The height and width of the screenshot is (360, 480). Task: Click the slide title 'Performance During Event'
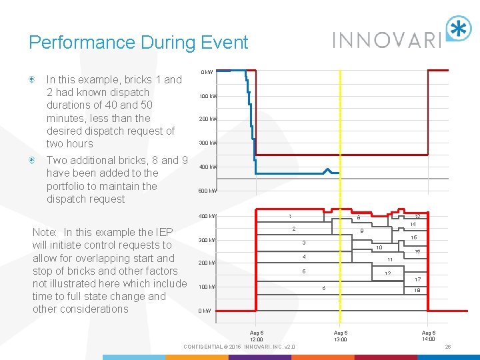[138, 43]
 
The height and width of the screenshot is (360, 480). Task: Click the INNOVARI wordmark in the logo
[387, 39]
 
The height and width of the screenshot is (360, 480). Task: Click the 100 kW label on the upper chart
[208, 96]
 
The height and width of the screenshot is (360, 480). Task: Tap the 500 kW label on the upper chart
[208, 191]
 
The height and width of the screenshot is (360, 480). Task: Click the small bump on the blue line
[327, 171]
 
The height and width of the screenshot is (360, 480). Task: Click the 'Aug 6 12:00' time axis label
[257, 336]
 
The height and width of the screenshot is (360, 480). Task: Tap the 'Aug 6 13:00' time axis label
[340, 336]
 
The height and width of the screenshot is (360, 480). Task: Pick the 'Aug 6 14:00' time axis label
[429, 336]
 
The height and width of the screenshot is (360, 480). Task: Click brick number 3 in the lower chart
[303, 242]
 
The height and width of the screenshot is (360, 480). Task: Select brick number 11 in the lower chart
[389, 259]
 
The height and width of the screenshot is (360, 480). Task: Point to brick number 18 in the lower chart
[417, 291]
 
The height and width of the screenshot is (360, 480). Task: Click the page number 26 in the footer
[448, 347]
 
